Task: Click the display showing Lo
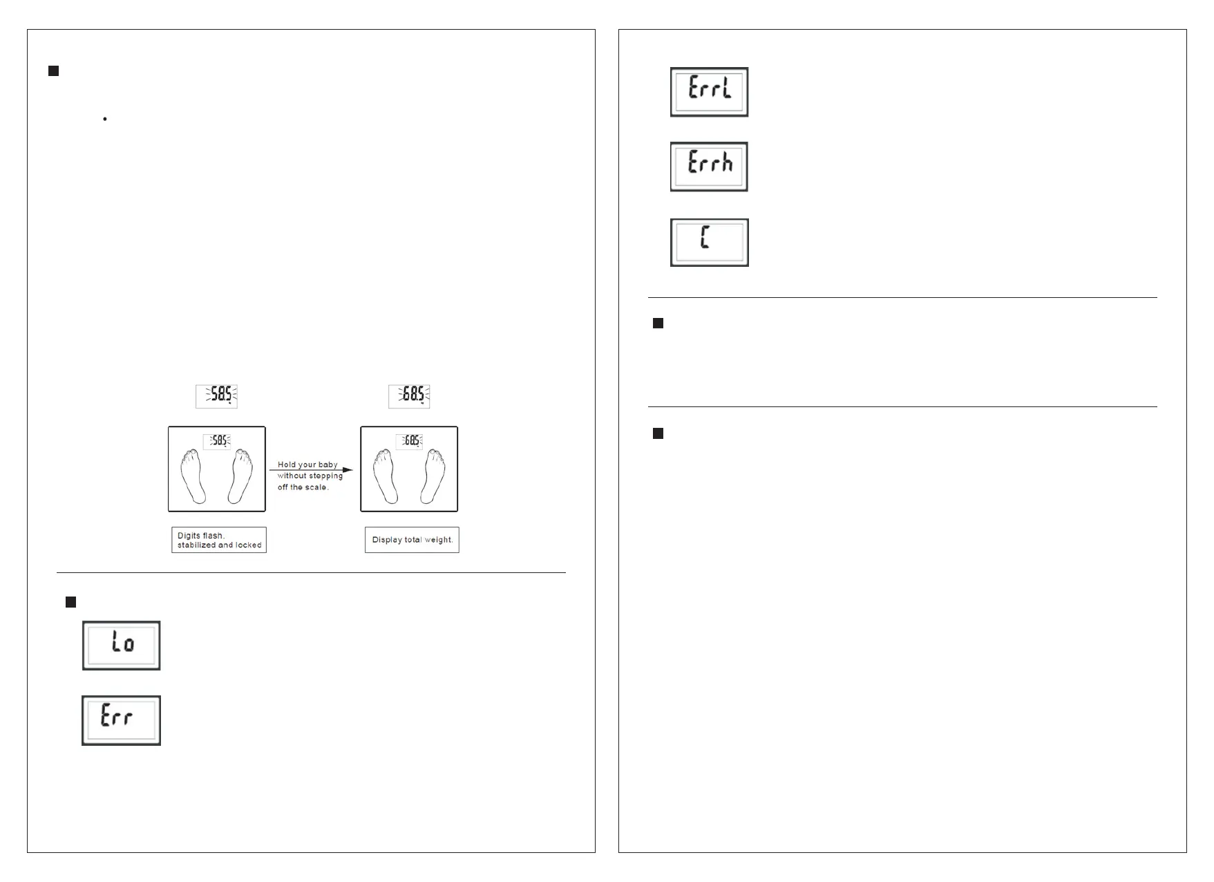pos(122,645)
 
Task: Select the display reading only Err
pos(122,720)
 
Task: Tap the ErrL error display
pos(709,92)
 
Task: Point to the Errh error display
pos(709,167)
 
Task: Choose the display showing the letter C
pos(709,243)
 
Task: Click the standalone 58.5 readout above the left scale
pos(217,396)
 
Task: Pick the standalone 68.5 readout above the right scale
pos(409,396)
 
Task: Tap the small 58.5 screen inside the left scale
pos(217,440)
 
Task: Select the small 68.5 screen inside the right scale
pos(409,440)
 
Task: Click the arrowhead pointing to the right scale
pos(348,470)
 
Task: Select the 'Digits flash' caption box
pos(219,540)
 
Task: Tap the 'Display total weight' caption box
pos(412,540)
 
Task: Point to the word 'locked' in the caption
pos(249,545)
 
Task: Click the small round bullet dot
pos(104,120)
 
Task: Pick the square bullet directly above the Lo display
pos(70,602)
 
